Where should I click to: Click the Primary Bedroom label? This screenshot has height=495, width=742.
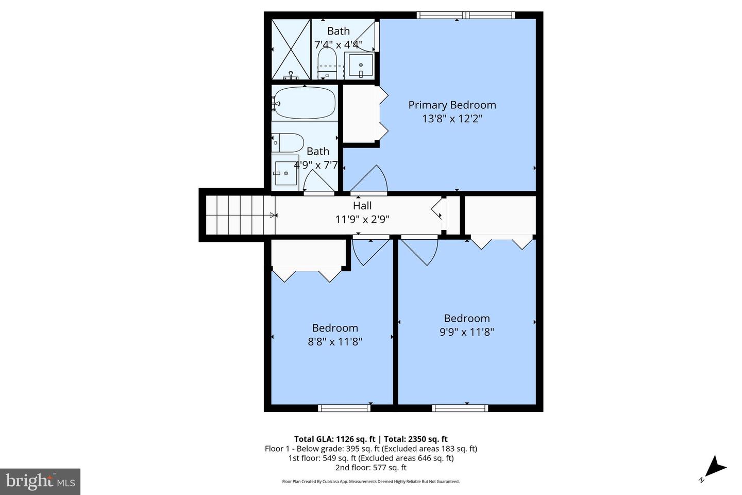point(452,105)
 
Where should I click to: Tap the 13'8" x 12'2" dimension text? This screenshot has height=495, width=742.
point(452,119)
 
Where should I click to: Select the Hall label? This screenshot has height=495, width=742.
point(362,206)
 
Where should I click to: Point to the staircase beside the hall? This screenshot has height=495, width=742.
point(239,215)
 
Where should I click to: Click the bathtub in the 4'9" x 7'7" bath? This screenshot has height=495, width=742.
point(304,103)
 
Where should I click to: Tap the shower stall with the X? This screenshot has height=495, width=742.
point(291,49)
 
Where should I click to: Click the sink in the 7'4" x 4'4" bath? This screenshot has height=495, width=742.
point(361,65)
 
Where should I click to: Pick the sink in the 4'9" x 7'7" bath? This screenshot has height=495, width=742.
point(285,171)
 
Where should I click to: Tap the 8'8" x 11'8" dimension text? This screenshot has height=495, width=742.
point(335,341)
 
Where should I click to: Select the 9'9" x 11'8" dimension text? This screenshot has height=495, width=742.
point(466,332)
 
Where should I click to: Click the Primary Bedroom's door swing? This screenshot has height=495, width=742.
point(370,180)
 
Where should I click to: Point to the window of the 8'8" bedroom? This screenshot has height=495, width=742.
point(344,408)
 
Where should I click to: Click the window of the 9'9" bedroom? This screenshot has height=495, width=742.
point(460,408)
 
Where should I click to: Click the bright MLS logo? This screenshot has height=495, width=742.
point(40,482)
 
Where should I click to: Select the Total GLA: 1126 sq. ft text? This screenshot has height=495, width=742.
point(334,439)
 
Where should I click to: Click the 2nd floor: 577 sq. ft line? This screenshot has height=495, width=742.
point(370,468)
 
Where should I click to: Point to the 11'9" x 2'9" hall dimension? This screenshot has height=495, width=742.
point(362,219)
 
